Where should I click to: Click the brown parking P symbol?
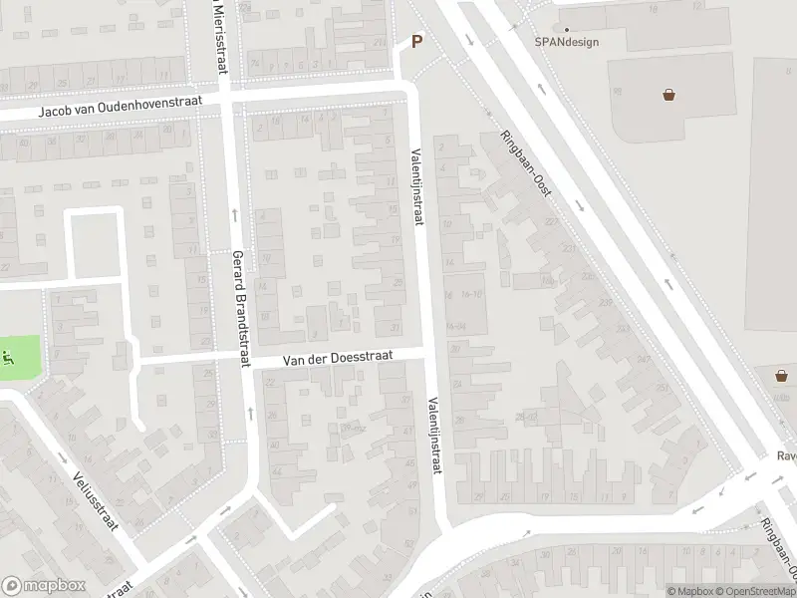click(x=417, y=42)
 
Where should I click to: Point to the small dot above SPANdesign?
click(x=567, y=30)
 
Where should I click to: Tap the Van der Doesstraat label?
click(x=337, y=357)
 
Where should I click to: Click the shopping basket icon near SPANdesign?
click(x=669, y=95)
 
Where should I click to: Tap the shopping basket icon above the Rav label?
click(x=783, y=376)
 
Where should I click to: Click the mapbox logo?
click(x=44, y=586)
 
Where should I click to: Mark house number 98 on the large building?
click(x=618, y=91)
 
